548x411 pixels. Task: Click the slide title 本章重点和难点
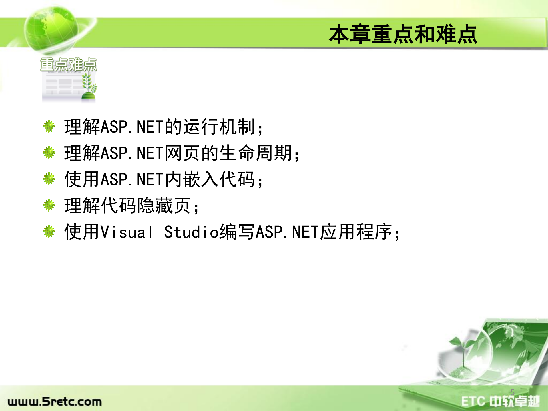403,34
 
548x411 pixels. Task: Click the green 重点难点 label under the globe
68,65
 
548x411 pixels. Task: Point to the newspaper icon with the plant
69,86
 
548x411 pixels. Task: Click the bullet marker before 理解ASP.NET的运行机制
49,126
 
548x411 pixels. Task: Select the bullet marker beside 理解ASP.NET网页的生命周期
49,153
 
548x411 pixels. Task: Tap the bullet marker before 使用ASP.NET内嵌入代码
49,179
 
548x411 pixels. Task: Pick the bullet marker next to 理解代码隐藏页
49,205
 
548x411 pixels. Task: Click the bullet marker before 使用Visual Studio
49,231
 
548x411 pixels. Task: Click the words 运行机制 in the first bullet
219,127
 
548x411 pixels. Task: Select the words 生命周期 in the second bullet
256,153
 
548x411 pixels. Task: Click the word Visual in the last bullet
127,232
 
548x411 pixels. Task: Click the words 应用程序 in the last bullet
356,232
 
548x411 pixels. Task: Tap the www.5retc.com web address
55,402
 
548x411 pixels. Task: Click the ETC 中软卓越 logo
500,401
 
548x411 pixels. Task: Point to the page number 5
513,392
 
